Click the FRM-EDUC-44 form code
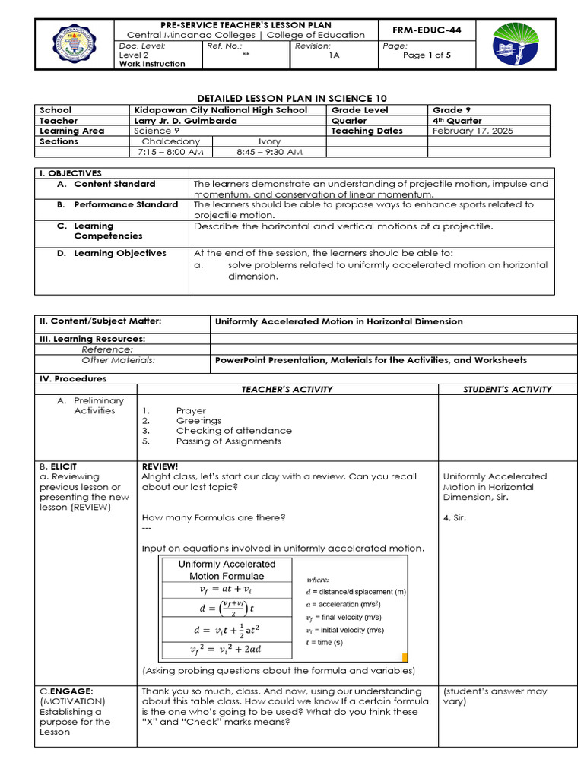coord(430,30)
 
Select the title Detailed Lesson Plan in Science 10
coord(292,99)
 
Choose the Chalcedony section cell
coord(170,141)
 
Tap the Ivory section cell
coord(269,141)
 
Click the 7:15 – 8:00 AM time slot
coord(170,152)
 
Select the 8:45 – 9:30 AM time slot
coord(269,152)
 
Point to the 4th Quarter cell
coord(457,121)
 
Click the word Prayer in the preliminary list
coord(191,410)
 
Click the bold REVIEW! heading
coord(160,466)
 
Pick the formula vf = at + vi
coord(226,590)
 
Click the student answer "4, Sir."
coord(456,518)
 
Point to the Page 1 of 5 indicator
coord(427,55)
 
